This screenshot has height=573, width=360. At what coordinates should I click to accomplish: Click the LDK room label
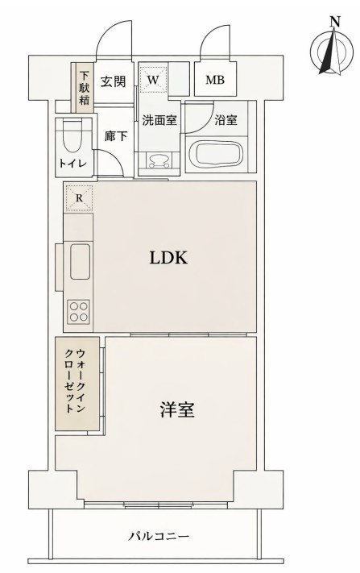coord(168,259)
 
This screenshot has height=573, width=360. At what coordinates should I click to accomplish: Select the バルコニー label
coord(158,535)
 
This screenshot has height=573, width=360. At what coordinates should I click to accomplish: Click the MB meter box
coord(214,80)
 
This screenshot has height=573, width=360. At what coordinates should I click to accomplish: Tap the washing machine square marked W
coord(153,79)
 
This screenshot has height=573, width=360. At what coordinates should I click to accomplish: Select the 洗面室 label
coord(159,121)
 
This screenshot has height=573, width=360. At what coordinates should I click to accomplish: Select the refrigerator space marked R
coord(79,197)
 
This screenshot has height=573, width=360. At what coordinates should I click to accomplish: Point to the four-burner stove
coord(79,310)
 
